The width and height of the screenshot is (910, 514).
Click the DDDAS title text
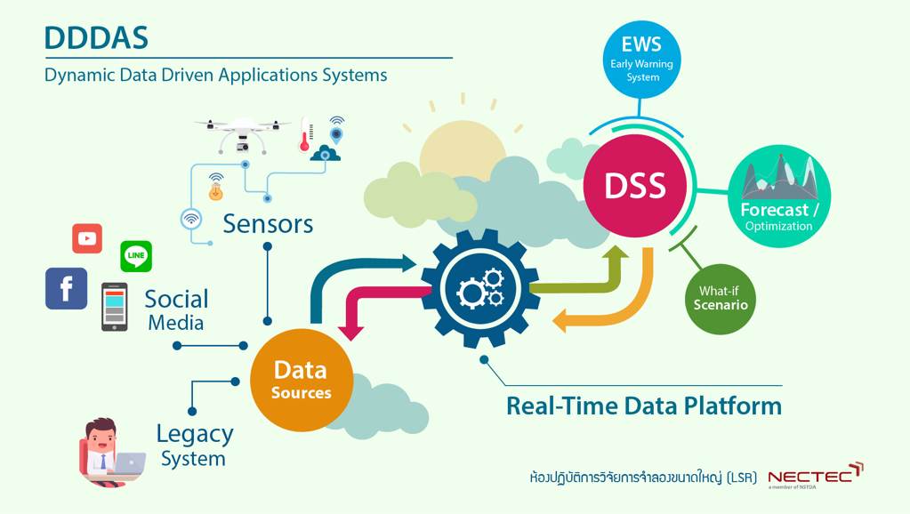[x=96, y=38]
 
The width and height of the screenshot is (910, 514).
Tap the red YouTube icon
[x=87, y=238]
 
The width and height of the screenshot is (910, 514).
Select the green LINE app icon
[x=136, y=256]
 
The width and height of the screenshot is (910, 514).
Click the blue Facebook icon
[x=67, y=288]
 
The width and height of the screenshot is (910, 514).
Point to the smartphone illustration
[x=114, y=307]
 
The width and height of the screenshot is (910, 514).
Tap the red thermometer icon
[x=305, y=134]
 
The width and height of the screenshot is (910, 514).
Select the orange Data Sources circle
[x=301, y=380]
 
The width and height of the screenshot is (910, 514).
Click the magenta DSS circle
[x=635, y=186]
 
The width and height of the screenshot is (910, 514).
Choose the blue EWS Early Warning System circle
[x=642, y=59]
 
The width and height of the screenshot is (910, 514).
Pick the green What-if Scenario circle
[x=721, y=299]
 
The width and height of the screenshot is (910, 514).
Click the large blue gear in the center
[x=479, y=288]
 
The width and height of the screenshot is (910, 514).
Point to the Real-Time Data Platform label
[x=643, y=406]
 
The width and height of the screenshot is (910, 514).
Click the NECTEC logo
[x=815, y=476]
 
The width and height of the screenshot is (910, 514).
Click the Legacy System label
[x=194, y=446]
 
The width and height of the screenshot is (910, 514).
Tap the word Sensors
[x=268, y=223]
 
